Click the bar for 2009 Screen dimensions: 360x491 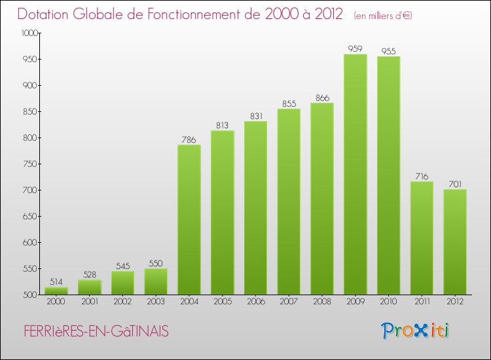coord(355,174)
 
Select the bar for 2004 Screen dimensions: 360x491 coord(189,219)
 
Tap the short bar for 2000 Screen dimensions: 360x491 coord(56,291)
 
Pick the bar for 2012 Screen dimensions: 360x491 coord(454,242)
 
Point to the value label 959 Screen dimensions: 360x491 coord(355,48)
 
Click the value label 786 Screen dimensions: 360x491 coord(189,139)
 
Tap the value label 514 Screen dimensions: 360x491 coord(56,281)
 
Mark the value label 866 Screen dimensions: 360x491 coord(321,97)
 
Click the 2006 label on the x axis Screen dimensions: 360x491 coord(255,302)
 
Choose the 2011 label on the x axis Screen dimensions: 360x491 coord(422,302)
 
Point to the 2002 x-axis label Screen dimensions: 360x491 coord(122,302)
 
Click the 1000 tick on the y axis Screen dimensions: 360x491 coord(29,33)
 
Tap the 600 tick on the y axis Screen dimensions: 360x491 coord(31,242)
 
